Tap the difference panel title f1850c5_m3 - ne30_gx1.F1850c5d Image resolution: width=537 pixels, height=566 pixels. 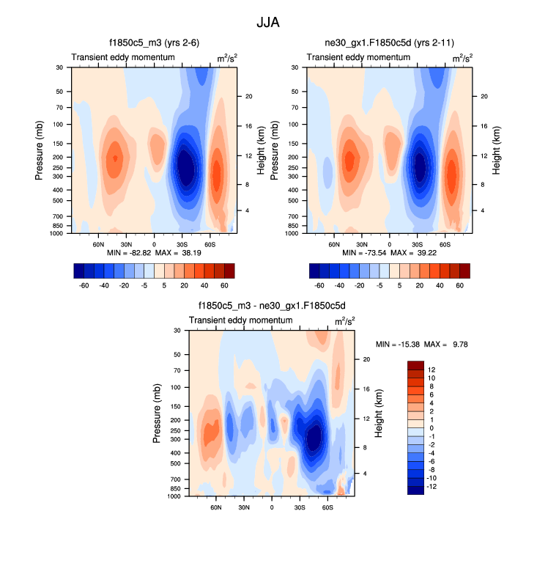point(273,306)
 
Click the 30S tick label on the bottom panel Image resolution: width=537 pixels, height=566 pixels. point(300,507)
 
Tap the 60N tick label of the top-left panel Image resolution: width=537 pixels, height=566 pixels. point(99,243)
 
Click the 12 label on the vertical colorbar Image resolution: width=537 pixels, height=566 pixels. point(432,370)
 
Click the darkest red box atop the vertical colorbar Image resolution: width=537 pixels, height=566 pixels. point(415,365)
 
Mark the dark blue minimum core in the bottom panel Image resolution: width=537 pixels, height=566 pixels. point(314,438)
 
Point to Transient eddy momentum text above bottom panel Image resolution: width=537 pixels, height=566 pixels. point(233,321)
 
